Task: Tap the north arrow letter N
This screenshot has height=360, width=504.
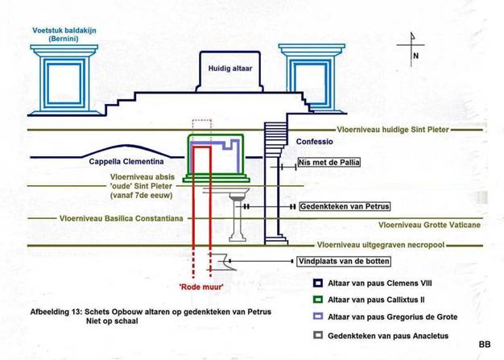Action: [415, 56]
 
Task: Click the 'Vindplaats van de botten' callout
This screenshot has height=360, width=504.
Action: [344, 261]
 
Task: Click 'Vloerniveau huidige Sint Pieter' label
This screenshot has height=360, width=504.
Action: [395, 129]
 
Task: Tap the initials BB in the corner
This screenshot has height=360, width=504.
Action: [483, 344]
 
